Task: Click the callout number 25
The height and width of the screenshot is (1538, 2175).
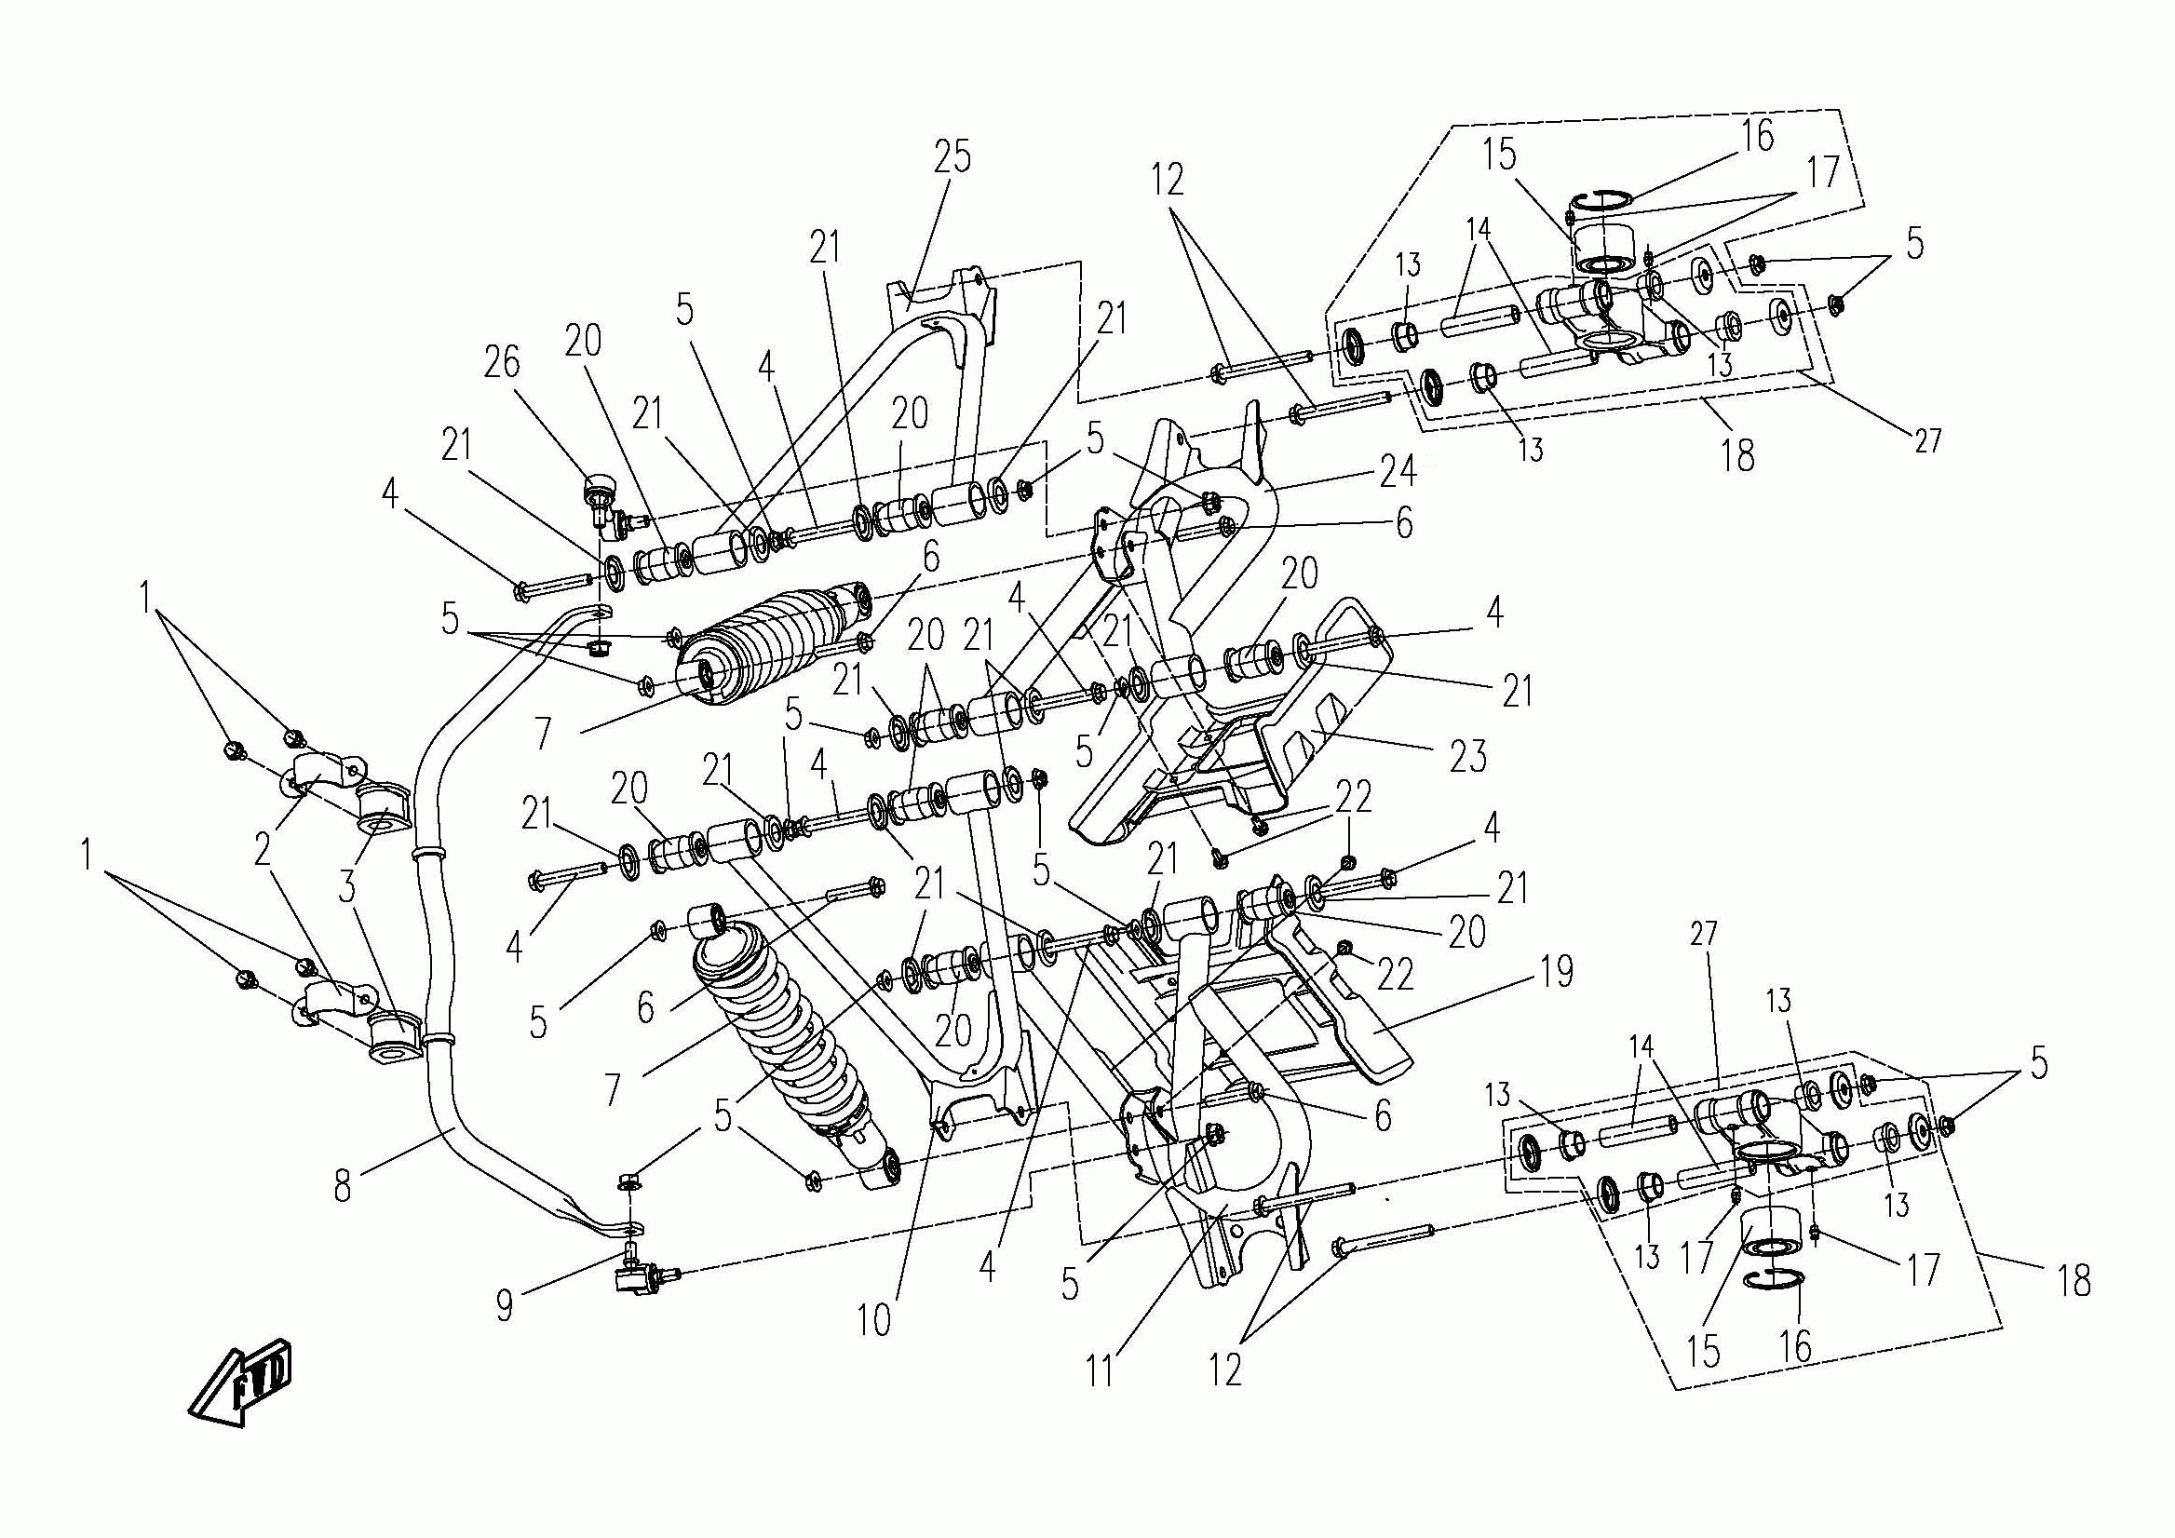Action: (x=952, y=156)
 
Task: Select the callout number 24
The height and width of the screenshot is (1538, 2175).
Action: (x=1398, y=470)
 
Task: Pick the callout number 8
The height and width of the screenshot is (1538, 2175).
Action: (x=342, y=1187)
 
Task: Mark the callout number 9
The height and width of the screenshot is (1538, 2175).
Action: (x=505, y=1307)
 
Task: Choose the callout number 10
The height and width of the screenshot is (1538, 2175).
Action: (x=874, y=1319)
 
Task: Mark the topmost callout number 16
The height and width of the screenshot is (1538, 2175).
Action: (x=1756, y=135)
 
